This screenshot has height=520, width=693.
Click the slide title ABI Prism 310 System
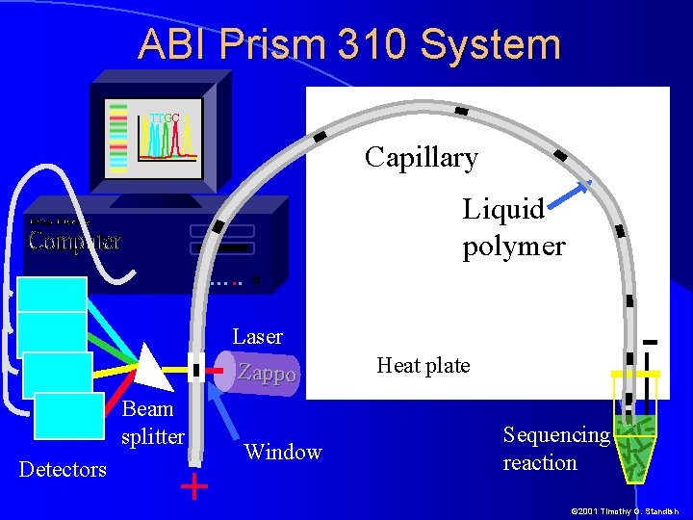(x=348, y=44)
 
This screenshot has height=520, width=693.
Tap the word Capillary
(x=422, y=157)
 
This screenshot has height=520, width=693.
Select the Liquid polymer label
(x=513, y=227)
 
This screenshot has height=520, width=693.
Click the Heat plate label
(x=423, y=366)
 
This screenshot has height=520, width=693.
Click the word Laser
(x=257, y=336)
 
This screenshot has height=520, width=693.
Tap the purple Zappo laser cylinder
(x=264, y=373)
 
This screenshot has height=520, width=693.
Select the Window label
(x=283, y=452)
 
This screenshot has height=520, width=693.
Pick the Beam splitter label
(x=152, y=422)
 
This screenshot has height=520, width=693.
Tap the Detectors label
(x=63, y=470)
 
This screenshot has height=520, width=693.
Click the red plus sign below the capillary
(x=194, y=486)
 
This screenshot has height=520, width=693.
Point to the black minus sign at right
(x=650, y=342)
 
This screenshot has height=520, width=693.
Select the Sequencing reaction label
(x=555, y=448)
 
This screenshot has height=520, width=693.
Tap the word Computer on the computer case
(x=74, y=240)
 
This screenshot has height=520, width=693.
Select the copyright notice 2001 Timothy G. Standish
(x=624, y=511)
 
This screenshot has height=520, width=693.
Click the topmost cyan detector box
(x=52, y=295)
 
